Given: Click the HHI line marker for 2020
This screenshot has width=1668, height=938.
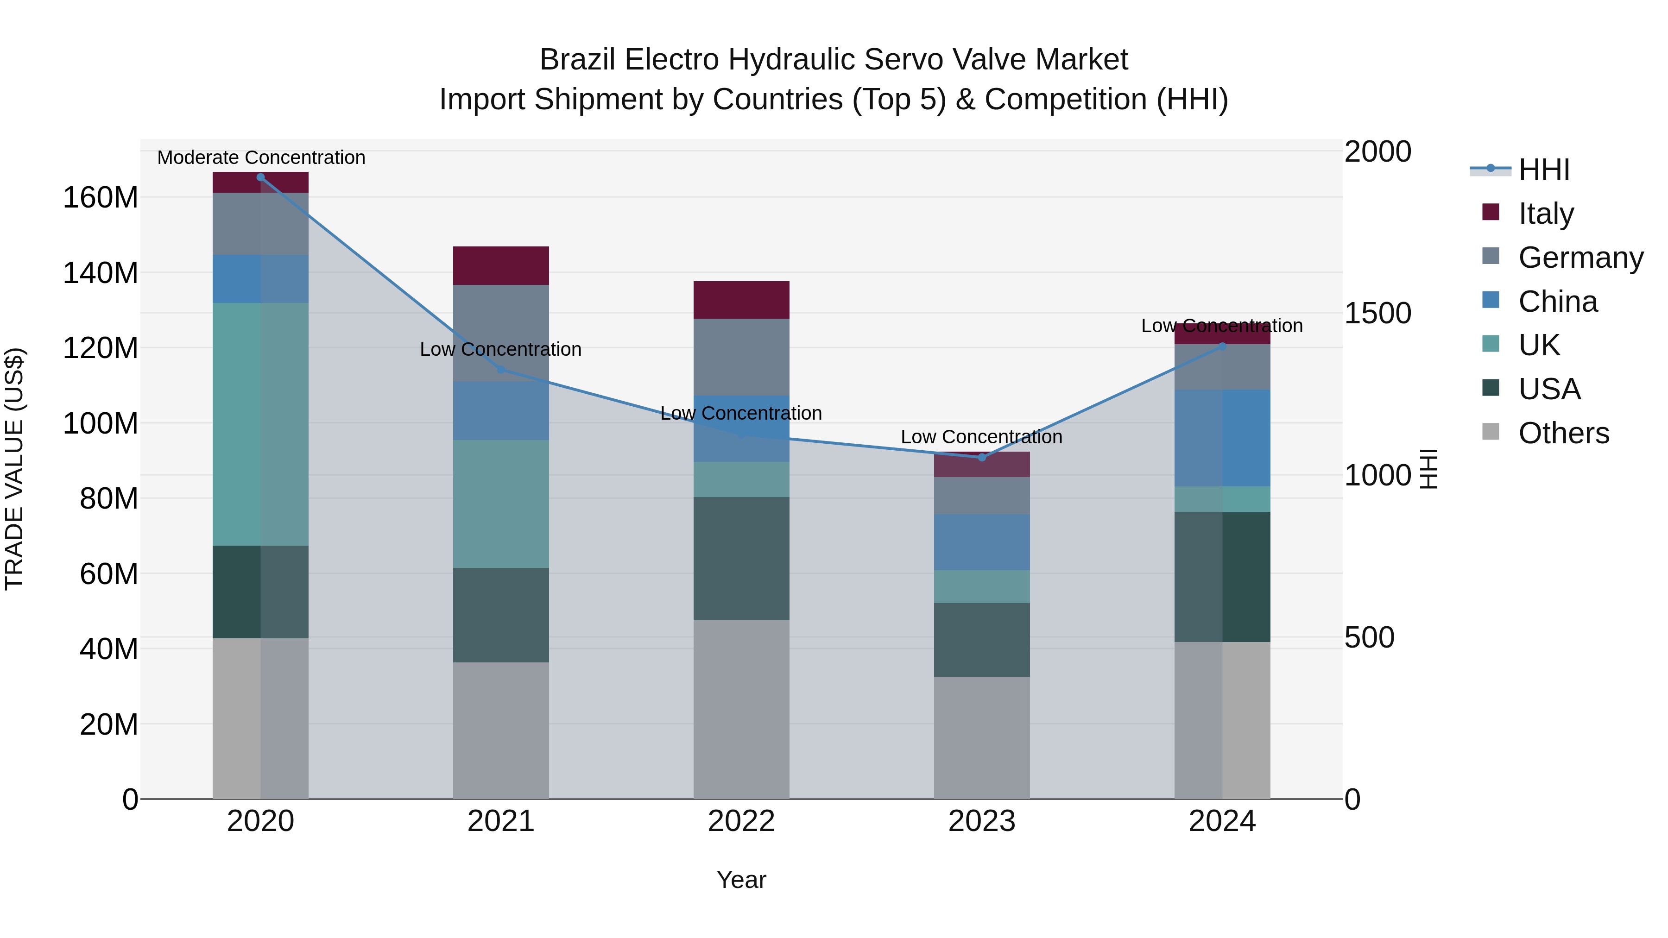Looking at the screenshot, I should pos(260,177).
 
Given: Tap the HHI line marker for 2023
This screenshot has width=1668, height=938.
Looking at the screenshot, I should pos(982,458).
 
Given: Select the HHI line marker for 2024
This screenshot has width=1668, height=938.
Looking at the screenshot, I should pos(1223,346).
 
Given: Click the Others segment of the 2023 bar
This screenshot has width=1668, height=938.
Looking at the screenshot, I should pos(982,737).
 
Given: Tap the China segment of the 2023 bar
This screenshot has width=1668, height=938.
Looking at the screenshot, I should pos(982,542).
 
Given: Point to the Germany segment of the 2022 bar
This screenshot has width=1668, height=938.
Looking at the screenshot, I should pos(741,357).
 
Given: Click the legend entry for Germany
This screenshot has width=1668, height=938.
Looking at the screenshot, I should pos(1580,258).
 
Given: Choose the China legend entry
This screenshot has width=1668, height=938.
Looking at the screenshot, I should pos(1557,302).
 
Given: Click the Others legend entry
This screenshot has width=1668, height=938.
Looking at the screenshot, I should pos(1563,433).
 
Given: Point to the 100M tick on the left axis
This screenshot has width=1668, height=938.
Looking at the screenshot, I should pos(101,423).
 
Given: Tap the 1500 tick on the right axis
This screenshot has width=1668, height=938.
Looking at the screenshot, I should pos(1377,313).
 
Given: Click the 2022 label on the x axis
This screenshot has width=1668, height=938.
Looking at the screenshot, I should pos(741,821).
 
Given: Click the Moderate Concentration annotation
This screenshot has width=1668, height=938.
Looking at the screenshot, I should pos(261,157).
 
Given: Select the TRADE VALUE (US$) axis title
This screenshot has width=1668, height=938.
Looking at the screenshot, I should pos(14,469).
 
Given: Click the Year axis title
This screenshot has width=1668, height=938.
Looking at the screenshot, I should pos(741,880).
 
